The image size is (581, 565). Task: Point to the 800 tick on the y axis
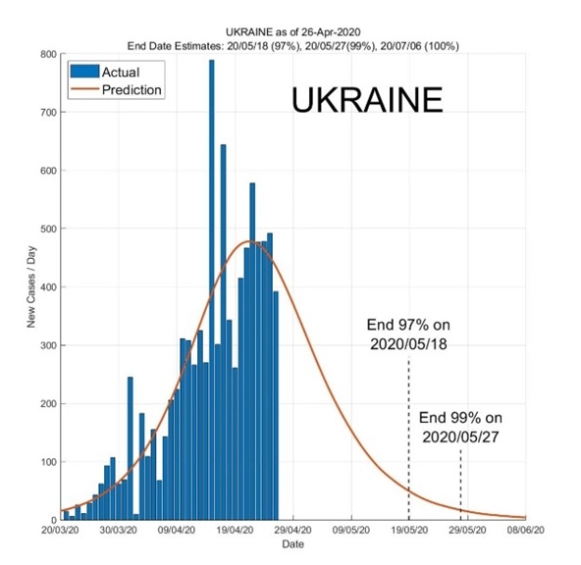coord(49,54)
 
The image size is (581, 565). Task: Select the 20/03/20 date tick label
coord(61,531)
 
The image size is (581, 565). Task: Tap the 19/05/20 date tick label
coord(409,531)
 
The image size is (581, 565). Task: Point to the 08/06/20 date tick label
coord(525,531)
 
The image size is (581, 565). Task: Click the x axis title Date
coord(292,544)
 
